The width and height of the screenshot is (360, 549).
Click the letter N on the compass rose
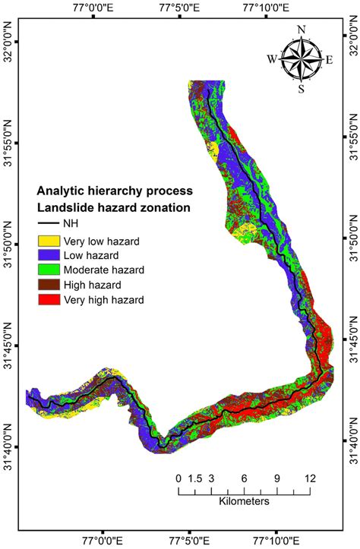(x=302, y=30)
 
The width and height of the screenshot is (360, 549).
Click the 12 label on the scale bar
(x=310, y=478)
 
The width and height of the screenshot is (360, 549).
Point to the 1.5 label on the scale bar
(x=195, y=478)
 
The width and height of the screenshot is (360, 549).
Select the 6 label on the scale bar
(x=245, y=478)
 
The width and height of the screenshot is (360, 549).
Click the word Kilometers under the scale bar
(x=245, y=503)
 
